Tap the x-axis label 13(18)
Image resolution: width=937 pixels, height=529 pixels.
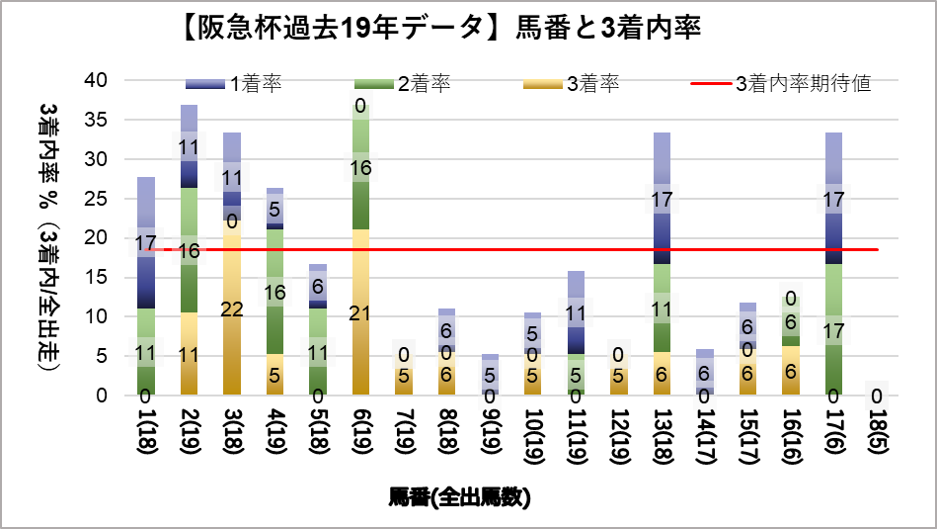click(661, 441)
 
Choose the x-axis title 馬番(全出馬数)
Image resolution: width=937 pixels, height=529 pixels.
click(459, 497)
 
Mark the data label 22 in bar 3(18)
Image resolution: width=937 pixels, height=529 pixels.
click(232, 309)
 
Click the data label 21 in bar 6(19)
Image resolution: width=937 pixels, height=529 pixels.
click(360, 313)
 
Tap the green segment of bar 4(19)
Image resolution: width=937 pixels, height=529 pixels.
click(274, 292)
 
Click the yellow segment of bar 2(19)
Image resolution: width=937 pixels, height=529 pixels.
click(190, 354)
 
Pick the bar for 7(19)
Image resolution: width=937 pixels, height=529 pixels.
click(403, 381)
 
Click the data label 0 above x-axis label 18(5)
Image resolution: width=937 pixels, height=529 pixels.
click(875, 396)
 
